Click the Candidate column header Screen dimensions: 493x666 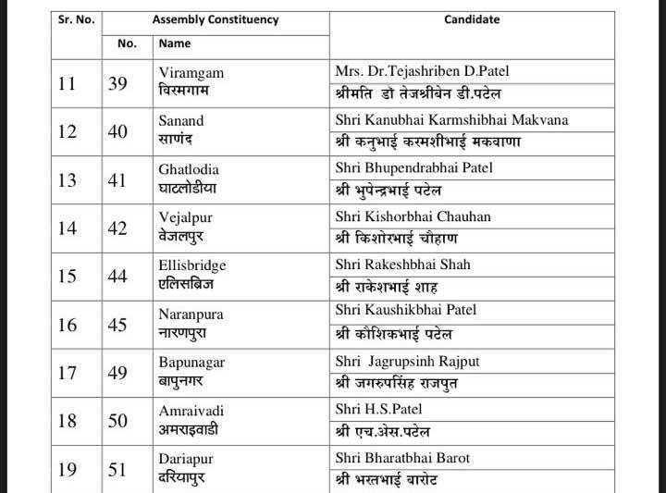click(x=472, y=19)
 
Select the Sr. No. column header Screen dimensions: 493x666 click(x=76, y=19)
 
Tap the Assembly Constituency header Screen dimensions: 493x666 click(x=216, y=19)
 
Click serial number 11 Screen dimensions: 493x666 click(x=68, y=83)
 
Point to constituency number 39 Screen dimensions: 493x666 click(x=117, y=83)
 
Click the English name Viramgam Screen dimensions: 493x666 click(x=191, y=73)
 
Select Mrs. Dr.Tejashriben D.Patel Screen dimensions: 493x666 click(x=422, y=71)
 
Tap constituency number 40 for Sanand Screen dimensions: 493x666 click(x=117, y=131)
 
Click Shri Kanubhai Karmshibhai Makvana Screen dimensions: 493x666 click(x=451, y=119)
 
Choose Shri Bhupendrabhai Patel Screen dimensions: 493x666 click(x=413, y=167)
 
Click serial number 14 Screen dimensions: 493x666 click(x=68, y=228)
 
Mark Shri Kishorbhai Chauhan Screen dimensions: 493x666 click(x=413, y=216)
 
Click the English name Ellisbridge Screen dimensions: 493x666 click(x=192, y=265)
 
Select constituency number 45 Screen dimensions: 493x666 click(x=117, y=324)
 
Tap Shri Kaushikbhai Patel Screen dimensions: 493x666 click(x=406, y=310)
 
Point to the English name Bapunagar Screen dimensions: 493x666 click(x=191, y=362)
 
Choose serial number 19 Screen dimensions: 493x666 click(x=68, y=470)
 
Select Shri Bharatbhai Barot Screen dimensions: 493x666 click(x=402, y=458)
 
